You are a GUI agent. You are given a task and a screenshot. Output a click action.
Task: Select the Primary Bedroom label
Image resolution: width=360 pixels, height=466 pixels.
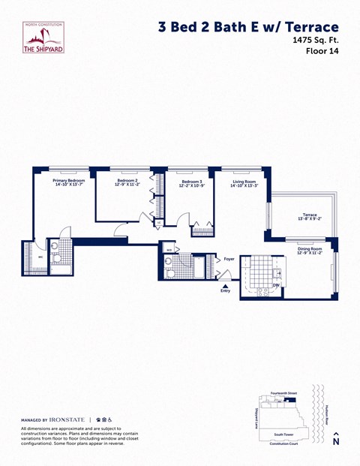tap(68, 181)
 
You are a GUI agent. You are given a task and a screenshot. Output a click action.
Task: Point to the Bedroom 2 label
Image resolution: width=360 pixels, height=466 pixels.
tap(126, 181)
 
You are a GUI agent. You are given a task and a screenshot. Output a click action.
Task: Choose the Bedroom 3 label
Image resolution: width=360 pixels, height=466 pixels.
tap(192, 181)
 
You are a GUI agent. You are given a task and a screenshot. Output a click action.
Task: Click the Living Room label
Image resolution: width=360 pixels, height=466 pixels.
tap(244, 181)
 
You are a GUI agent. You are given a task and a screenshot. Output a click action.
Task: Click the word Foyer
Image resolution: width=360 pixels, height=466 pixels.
tap(229, 259)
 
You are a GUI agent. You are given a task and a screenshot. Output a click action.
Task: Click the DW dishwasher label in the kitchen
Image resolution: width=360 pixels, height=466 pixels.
tap(276, 285)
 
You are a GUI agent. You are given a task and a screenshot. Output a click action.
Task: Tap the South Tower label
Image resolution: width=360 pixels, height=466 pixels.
tap(283, 434)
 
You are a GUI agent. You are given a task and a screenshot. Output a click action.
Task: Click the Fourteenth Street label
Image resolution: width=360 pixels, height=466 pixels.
tap(285, 393)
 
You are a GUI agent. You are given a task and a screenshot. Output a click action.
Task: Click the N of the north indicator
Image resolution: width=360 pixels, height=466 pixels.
tap(335, 443)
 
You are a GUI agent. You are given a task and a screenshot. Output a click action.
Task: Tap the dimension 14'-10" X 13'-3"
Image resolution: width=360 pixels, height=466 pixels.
tap(244, 185)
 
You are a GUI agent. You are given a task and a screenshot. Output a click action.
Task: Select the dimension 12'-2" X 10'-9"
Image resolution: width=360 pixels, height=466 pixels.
tap(192, 185)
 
